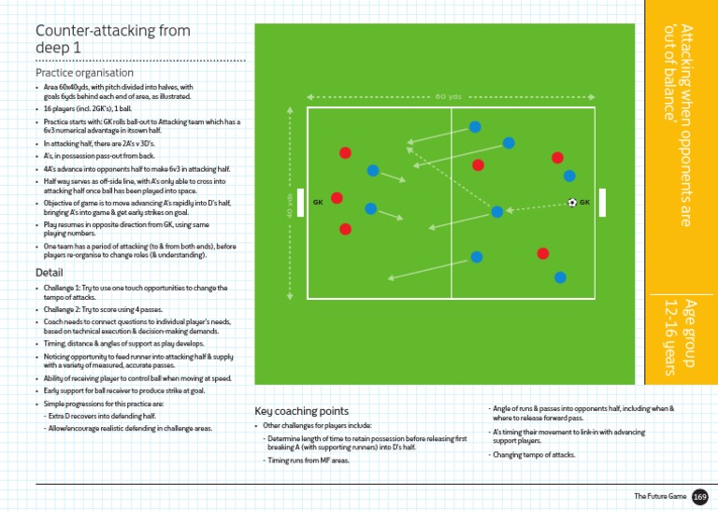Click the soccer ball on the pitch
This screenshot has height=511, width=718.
pos(572,202)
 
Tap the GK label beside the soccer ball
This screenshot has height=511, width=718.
pos(585,202)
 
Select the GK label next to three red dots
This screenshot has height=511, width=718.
pos(318,202)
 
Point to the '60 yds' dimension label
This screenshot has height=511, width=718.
pos(448,96)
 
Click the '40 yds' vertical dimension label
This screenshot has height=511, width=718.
pos(290,203)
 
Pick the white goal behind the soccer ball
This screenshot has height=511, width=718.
pos(603,202)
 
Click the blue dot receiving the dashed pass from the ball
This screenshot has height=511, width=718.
pos(497,212)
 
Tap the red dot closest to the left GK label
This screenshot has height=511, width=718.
pos(337,197)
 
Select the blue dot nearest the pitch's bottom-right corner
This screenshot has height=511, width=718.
pos(560,277)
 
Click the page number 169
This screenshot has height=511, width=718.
pos(699,496)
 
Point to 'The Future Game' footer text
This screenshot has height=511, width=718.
pos(660,496)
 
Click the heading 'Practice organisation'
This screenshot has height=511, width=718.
pos(84,72)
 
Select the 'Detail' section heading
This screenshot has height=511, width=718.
pos(49,273)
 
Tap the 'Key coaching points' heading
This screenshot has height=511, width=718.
pos(302,411)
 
